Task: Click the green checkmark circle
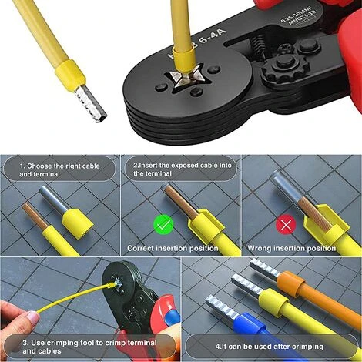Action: tap(163, 225)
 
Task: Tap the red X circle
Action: tap(286, 225)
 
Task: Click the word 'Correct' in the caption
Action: tap(140, 249)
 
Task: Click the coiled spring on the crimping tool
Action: tap(259, 45)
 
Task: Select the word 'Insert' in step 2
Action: tap(149, 165)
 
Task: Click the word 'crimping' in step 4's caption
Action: tap(307, 347)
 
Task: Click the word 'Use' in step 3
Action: tap(38, 343)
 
